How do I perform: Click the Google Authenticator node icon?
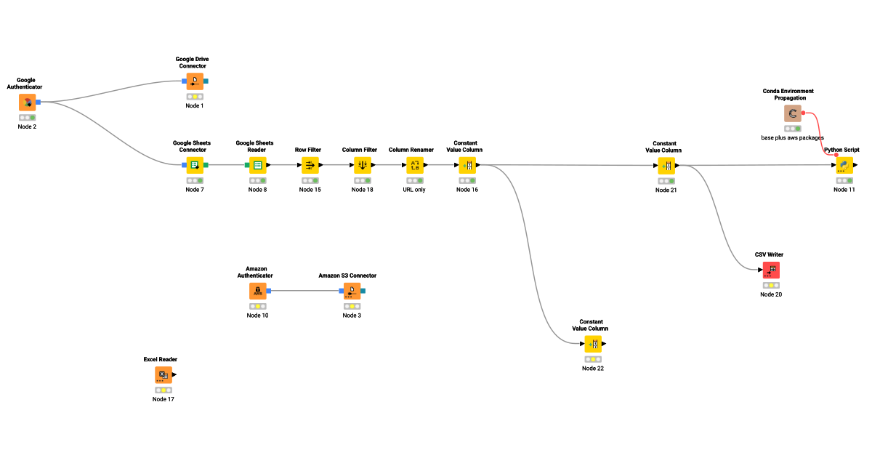click(28, 103)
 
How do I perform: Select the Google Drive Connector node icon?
click(195, 81)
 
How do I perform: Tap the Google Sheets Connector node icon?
click(195, 165)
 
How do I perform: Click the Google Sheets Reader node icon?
click(257, 165)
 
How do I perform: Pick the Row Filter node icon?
click(310, 165)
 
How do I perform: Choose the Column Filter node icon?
click(363, 165)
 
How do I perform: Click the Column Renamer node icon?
click(415, 165)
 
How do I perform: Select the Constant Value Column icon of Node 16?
click(467, 165)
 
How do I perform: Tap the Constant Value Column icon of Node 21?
click(666, 166)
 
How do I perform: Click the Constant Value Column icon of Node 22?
click(593, 344)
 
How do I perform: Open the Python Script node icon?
click(844, 165)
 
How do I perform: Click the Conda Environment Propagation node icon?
click(793, 113)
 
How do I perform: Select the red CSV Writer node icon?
click(771, 270)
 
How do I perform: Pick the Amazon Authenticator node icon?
click(257, 291)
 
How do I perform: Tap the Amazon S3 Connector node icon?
click(351, 291)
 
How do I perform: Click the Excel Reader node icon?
click(163, 375)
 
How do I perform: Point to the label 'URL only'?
click(415, 190)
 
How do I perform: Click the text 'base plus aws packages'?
click(793, 137)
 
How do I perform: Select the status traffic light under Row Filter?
click(310, 180)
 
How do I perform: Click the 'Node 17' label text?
click(163, 399)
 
